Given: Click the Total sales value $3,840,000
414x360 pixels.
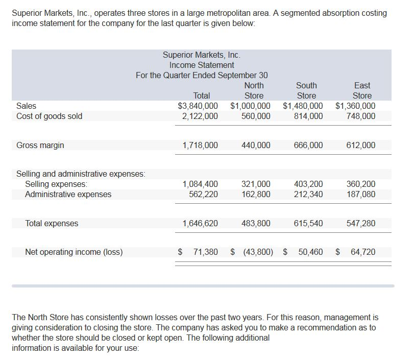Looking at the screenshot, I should [x=198, y=106].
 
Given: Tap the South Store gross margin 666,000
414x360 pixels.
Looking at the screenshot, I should [x=308, y=146].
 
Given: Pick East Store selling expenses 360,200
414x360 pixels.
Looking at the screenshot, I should [x=361, y=184].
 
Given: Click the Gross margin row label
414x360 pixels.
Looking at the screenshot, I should [x=40, y=146].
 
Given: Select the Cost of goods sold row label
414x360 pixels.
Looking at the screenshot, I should [x=50, y=116].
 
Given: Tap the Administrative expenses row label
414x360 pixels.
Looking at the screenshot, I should [x=68, y=194].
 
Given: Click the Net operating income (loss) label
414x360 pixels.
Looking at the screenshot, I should [x=74, y=252].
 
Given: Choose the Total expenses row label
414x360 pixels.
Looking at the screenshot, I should [x=52, y=223].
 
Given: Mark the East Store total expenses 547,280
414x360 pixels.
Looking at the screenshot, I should [x=361, y=223].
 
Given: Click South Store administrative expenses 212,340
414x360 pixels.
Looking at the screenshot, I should [x=308, y=194].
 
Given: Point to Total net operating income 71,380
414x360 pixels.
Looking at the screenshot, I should [x=204, y=252].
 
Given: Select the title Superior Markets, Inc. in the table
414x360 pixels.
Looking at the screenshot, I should [x=202, y=55].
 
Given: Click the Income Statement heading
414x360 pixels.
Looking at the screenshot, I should [x=202, y=65].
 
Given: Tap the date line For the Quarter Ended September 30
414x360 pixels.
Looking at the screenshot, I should [x=202, y=76].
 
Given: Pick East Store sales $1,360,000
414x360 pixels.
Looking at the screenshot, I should [x=355, y=106].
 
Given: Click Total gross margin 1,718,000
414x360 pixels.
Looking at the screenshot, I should [x=200, y=146].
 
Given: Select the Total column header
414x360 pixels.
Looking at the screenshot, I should [x=202, y=95].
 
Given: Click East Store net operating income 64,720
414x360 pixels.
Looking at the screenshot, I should [x=363, y=252].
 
